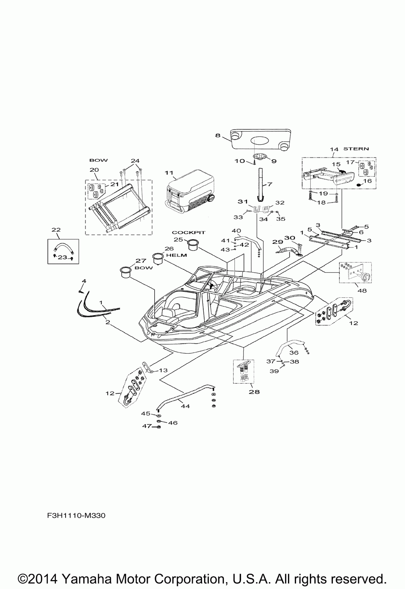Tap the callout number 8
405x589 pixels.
[217, 136]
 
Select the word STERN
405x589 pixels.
[356, 149]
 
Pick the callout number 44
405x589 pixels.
[185, 405]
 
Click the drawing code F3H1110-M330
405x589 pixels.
[73, 516]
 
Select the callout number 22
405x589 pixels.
[55, 230]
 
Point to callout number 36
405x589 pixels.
[294, 353]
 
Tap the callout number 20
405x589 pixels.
[94, 170]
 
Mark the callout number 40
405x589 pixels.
[236, 231]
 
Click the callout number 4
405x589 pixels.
[84, 281]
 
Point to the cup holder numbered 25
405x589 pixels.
[193, 245]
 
